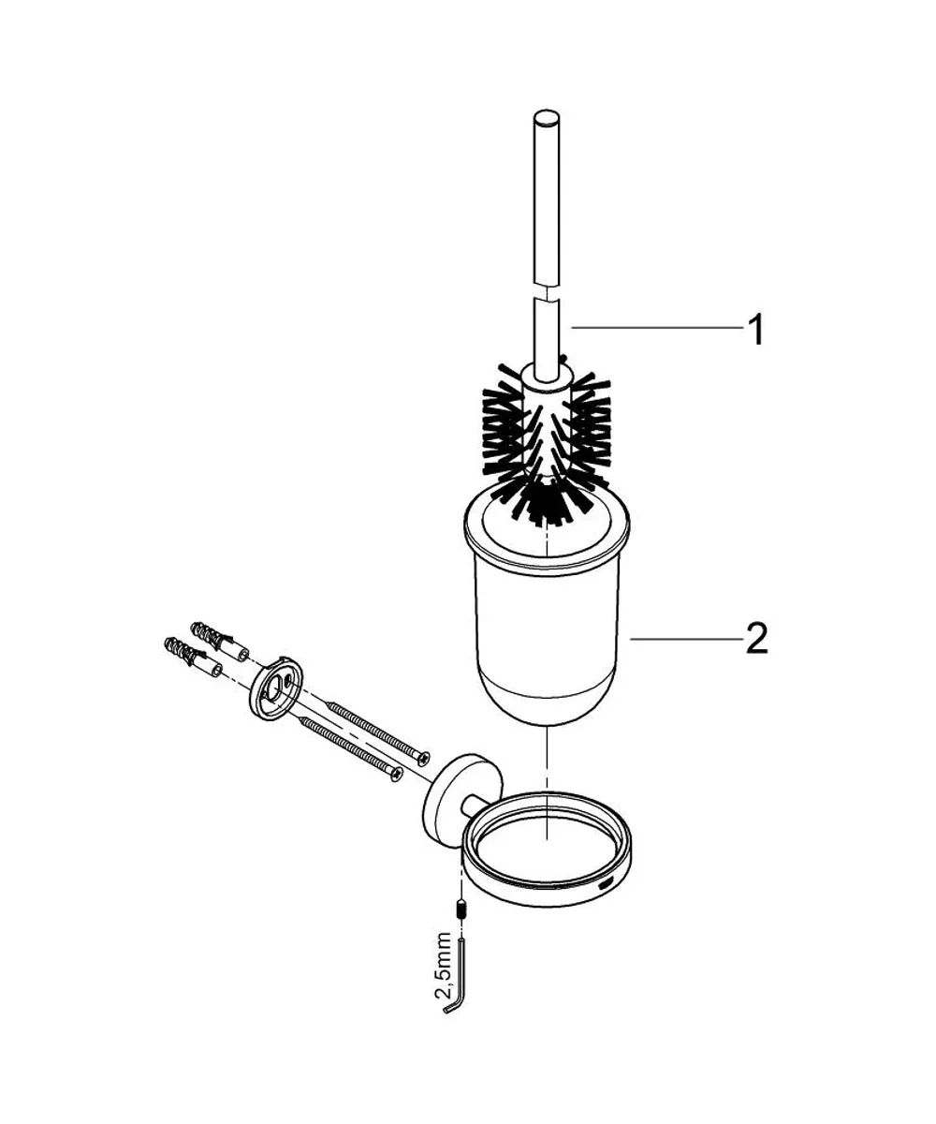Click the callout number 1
755,331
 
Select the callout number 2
756,639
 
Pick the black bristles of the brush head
547,441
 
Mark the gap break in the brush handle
546,292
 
